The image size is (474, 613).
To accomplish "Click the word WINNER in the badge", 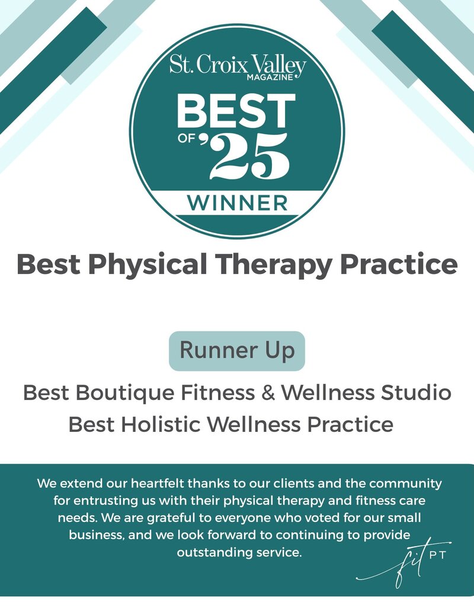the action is [237, 203].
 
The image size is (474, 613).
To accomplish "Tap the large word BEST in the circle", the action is [236, 111].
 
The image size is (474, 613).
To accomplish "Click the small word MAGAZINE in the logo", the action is [270, 77].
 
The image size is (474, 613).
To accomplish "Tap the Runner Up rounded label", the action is [237, 351].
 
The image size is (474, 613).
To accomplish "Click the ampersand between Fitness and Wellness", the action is [268, 392].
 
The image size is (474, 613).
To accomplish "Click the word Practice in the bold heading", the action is [399, 264].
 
